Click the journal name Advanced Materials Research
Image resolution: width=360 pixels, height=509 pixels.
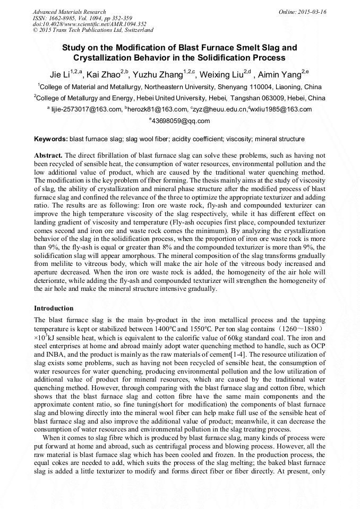point(69,12)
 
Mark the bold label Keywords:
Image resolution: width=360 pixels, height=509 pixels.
point(51,139)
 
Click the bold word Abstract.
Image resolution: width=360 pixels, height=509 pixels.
point(48,156)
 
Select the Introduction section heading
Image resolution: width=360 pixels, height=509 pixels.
point(54,308)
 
